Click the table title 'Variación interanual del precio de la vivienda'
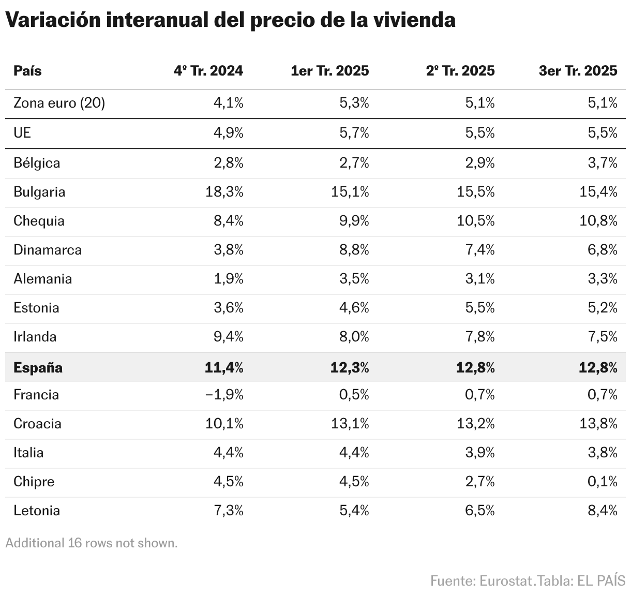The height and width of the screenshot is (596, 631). point(230,20)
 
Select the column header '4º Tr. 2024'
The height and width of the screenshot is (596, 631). point(208,71)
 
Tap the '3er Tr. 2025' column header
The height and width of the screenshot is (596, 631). point(578,71)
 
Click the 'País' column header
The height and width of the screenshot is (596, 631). point(27,71)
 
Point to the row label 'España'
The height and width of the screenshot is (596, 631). point(38,368)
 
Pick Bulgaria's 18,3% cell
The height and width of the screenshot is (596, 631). point(224,192)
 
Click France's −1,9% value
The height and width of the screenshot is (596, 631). point(224,395)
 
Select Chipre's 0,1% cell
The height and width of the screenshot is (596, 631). point(602,482)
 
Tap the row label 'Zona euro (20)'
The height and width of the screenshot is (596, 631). point(59,103)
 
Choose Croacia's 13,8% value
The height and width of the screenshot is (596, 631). point(598,424)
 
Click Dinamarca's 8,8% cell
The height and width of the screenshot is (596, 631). point(354,250)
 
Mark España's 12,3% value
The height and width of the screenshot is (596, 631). point(350,368)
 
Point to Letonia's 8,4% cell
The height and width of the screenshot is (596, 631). point(602,511)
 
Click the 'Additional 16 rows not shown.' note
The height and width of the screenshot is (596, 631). point(92,543)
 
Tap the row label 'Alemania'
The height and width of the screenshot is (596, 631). point(42,279)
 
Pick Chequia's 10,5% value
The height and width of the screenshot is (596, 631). point(476,221)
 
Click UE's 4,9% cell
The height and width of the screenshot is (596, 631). point(228,133)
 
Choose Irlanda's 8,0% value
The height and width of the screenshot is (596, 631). point(354,337)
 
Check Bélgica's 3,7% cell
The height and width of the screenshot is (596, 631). point(602,163)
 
